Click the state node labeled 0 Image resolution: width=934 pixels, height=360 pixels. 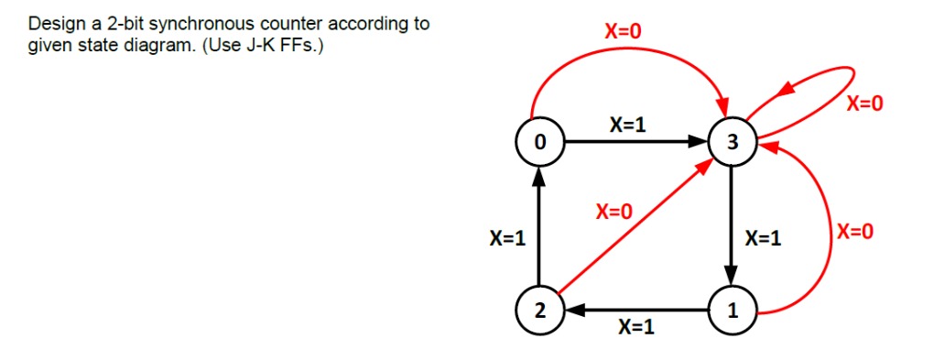[539, 142]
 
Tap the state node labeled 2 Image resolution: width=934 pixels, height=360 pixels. [539, 311]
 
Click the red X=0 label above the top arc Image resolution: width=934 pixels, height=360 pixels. [624, 30]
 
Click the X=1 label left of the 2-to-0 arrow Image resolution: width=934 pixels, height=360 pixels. [506, 239]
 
